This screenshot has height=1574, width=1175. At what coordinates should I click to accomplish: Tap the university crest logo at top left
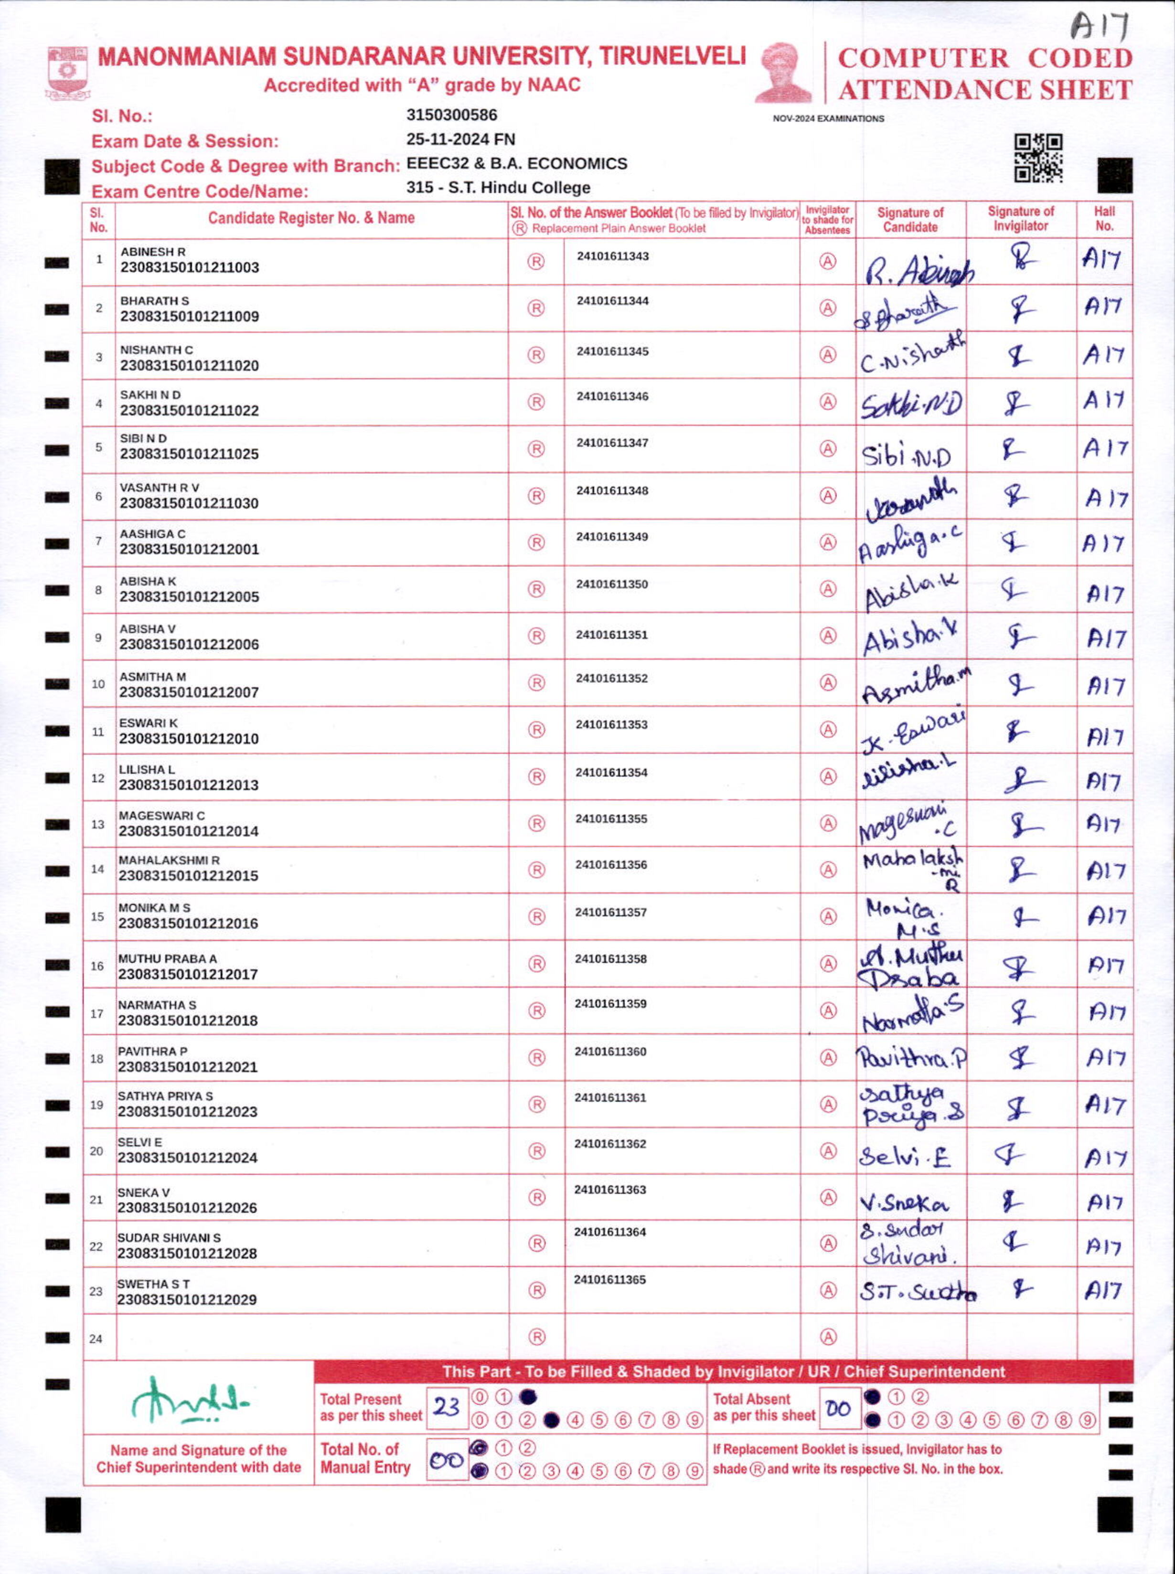pos(67,72)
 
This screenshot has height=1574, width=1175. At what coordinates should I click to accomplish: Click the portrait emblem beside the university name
pos(784,73)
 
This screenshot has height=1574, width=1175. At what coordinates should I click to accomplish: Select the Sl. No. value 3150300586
pos(452,115)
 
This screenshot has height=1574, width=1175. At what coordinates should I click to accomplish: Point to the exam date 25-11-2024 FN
pos(461,139)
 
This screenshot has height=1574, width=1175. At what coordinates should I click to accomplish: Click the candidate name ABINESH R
pos(153,252)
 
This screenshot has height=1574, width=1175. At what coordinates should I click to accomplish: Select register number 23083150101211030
pos(189,503)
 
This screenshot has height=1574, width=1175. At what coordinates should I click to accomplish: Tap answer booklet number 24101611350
pos(612,585)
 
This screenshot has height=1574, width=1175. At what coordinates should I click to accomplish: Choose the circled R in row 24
pos(537,1337)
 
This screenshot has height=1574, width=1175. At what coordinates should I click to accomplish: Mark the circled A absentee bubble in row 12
pos(828,777)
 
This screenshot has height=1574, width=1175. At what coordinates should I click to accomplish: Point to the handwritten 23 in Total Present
pos(447,1407)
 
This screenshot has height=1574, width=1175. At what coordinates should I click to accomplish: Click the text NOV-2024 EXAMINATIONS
pos(829,119)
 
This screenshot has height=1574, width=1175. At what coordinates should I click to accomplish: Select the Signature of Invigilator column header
pos(1021,219)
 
